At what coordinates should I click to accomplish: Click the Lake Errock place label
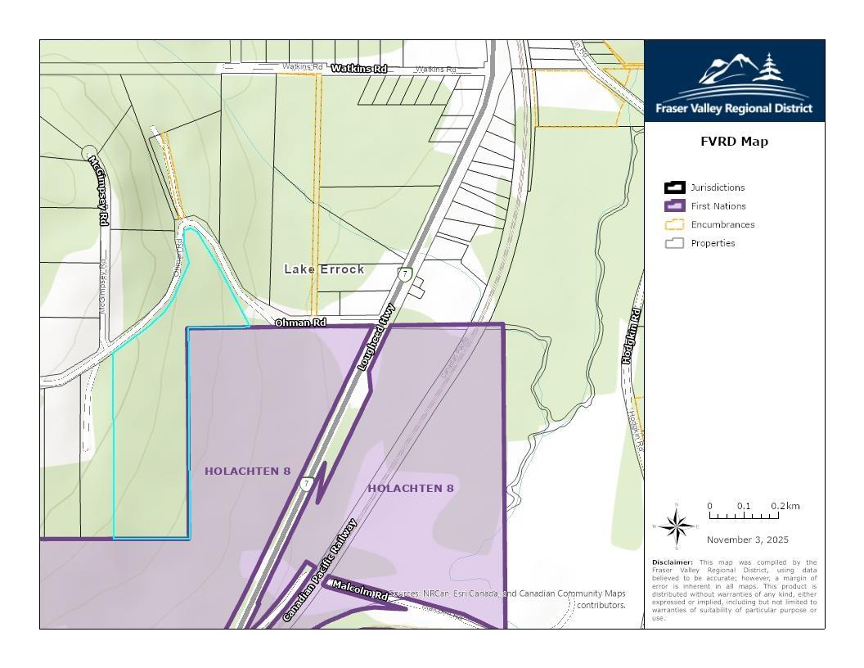click(324, 269)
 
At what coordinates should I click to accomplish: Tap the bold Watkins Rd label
click(358, 69)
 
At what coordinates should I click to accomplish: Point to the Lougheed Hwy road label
click(377, 337)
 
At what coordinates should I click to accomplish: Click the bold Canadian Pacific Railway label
click(321, 570)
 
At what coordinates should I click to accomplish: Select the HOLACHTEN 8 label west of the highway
click(247, 472)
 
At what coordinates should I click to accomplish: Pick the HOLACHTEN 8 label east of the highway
click(410, 489)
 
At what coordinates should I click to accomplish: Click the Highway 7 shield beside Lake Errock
click(405, 274)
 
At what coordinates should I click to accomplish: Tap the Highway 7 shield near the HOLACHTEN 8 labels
click(306, 484)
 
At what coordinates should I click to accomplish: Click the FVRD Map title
click(734, 142)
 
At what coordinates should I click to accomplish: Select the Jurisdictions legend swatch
click(674, 187)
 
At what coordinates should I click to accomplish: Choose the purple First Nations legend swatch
click(674, 206)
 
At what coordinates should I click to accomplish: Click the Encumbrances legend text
click(722, 224)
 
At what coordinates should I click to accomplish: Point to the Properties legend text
click(713, 243)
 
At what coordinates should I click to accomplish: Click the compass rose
click(676, 526)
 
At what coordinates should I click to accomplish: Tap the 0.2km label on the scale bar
click(785, 506)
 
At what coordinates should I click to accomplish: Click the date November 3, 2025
click(747, 539)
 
